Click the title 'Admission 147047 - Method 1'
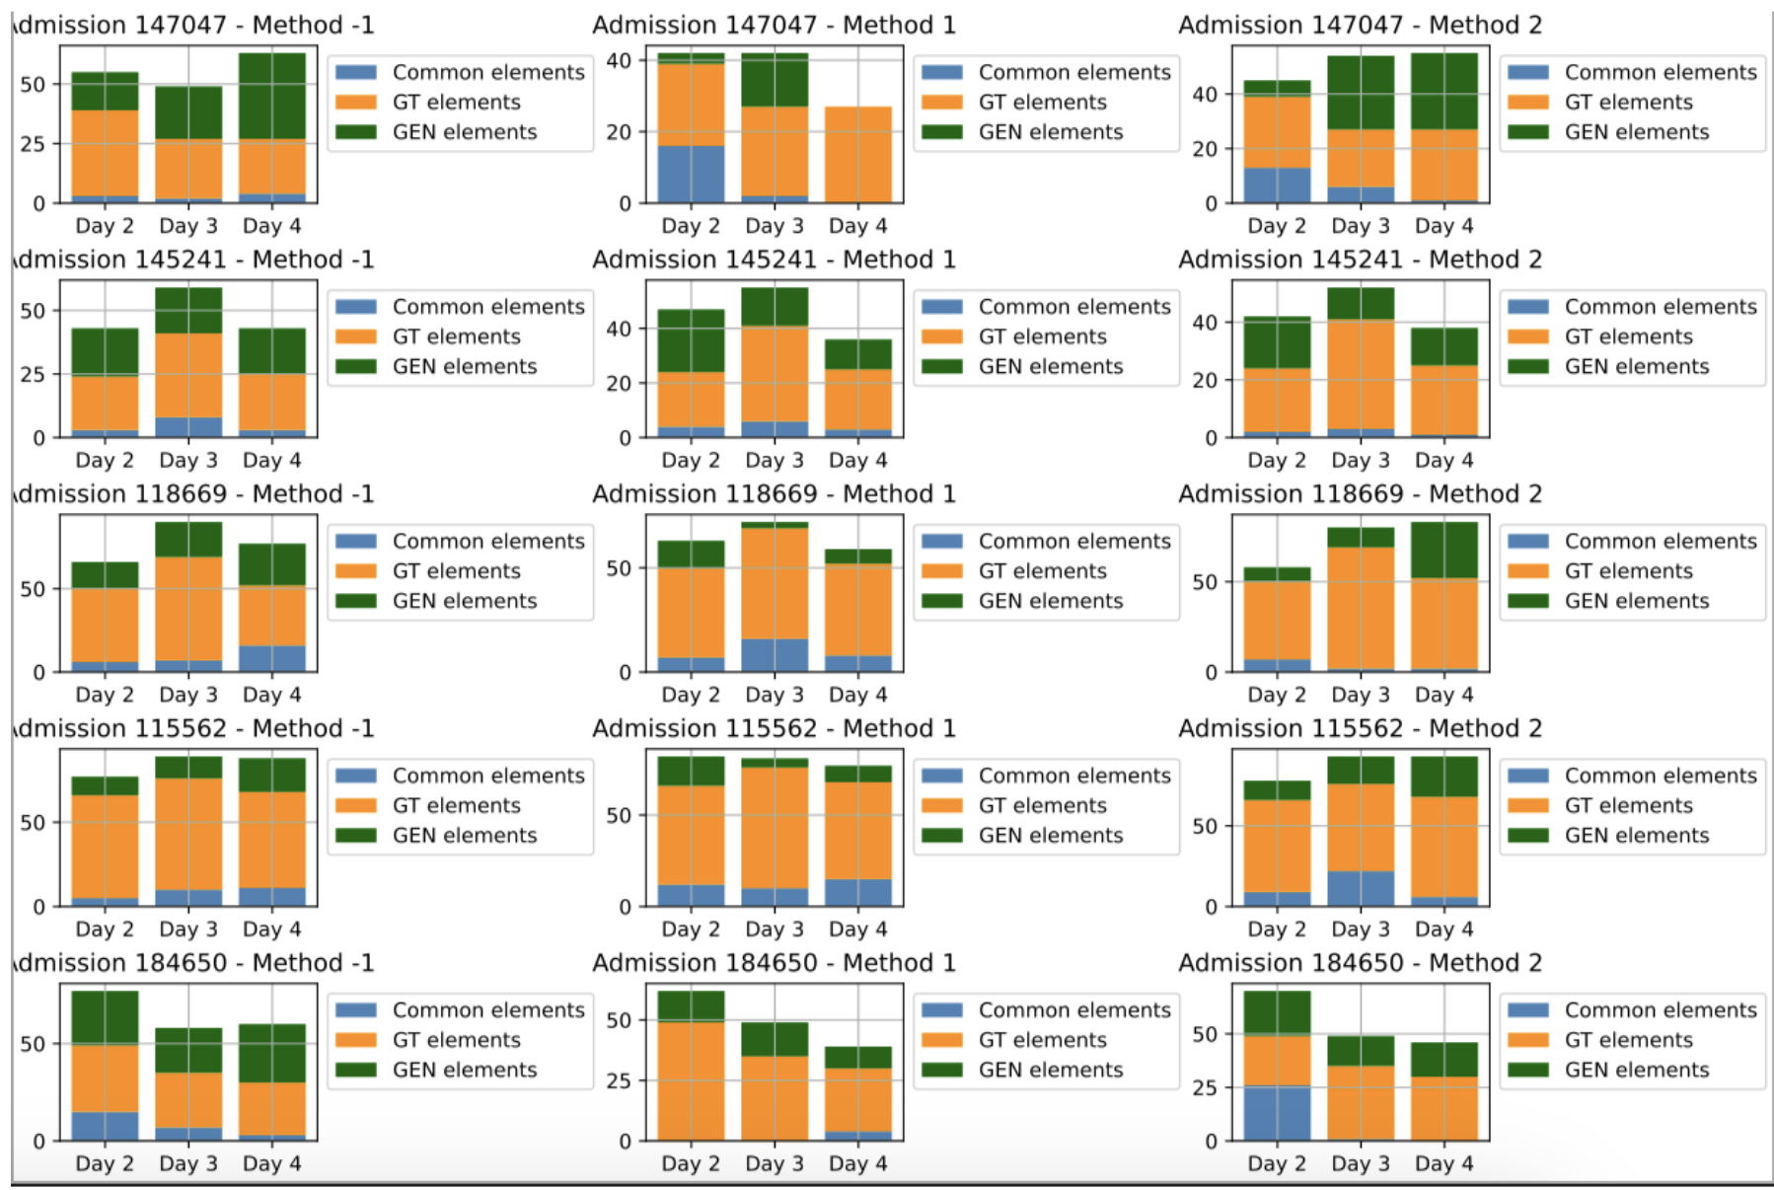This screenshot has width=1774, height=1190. (774, 25)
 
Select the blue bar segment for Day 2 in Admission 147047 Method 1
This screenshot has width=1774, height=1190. (691, 174)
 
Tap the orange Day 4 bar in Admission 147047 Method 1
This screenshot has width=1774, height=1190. (858, 154)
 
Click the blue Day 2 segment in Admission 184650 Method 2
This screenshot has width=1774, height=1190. (1277, 1113)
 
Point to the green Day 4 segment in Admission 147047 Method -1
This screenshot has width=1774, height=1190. (272, 96)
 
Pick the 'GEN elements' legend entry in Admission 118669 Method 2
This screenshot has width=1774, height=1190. (1636, 601)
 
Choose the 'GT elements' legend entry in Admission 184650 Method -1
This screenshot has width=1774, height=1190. (456, 1040)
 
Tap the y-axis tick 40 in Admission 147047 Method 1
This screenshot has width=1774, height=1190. (619, 60)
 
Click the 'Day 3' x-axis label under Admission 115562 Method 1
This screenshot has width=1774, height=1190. (775, 930)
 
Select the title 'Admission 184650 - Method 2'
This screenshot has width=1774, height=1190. (1360, 962)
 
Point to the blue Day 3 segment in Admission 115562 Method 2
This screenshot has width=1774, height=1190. (1361, 888)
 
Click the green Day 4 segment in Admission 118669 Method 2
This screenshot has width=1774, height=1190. (1444, 550)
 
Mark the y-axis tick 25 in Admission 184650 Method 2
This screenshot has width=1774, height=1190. (1205, 1087)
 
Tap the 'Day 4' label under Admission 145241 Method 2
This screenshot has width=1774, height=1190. (1444, 461)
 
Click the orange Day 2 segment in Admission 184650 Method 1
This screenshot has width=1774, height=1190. (691, 1080)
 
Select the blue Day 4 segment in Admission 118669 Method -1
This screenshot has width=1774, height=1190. (272, 658)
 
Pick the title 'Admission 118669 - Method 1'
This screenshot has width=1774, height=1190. (774, 493)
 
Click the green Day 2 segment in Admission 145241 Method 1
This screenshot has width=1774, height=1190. (691, 340)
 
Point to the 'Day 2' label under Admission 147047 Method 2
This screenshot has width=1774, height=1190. (1277, 226)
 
